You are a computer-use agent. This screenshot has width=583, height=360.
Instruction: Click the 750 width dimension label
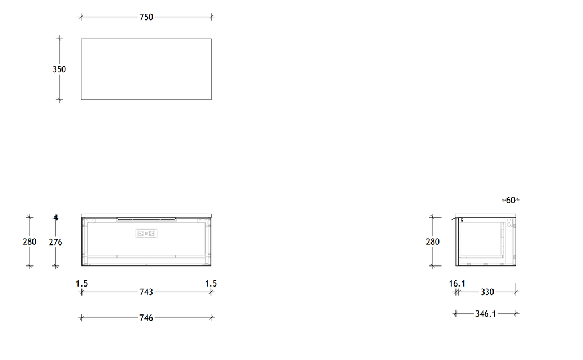[x=146, y=17]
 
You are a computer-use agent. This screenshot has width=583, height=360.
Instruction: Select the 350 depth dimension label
[x=59, y=69]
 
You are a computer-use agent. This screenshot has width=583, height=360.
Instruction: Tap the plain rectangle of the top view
[x=146, y=69]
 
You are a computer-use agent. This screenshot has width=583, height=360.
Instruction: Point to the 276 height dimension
[x=55, y=242]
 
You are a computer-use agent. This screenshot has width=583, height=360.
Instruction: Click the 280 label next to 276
[x=30, y=242]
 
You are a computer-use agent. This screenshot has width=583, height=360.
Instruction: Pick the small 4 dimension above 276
[x=56, y=217]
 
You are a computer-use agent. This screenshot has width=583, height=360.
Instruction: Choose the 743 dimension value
[x=146, y=292]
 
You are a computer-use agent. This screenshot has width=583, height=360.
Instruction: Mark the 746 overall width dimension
[x=146, y=318]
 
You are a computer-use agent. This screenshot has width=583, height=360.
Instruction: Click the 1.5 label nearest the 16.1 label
[x=211, y=283]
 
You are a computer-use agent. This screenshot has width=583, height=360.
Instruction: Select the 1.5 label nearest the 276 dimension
[x=82, y=283]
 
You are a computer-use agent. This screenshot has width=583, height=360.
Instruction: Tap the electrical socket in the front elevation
[x=146, y=233]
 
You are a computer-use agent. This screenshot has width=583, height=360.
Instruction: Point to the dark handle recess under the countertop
[x=146, y=218]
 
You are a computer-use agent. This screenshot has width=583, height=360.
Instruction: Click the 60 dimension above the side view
[x=511, y=200]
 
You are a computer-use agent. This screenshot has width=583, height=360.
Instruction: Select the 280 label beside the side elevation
[x=433, y=242]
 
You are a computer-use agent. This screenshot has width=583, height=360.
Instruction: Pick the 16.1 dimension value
[x=457, y=283]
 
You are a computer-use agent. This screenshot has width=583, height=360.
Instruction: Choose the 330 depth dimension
[x=487, y=292]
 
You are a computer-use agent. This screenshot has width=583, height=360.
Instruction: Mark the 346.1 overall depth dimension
[x=486, y=313]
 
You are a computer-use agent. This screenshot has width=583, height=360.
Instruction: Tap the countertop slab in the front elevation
[x=146, y=215]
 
